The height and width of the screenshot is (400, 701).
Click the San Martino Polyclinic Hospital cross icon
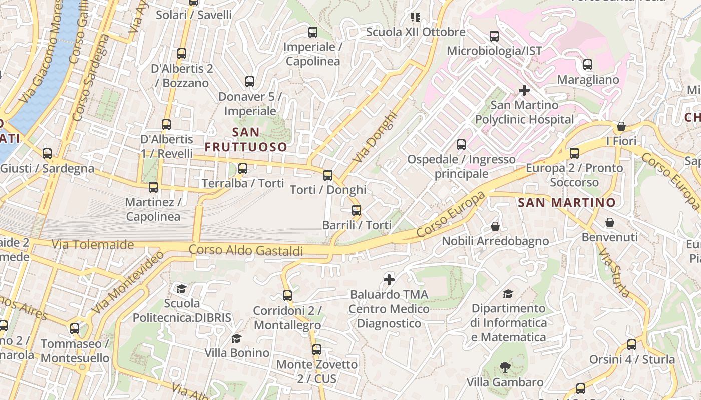tap(524, 90)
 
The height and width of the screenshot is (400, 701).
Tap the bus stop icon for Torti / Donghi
tap(328, 175)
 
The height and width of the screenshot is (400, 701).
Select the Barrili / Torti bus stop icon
tap(357, 210)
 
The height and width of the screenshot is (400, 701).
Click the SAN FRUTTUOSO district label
tap(246, 139)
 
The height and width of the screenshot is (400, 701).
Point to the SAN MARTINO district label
tap(566, 203)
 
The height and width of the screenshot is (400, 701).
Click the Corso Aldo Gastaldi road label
tap(246, 250)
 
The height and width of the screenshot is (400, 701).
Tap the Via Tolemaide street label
tap(93, 244)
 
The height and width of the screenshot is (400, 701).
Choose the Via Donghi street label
tap(374, 137)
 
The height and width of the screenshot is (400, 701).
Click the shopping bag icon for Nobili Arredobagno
tap(495, 227)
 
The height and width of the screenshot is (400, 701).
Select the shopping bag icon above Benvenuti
tap(610, 222)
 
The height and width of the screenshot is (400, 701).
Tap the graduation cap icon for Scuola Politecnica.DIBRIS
tap(181, 289)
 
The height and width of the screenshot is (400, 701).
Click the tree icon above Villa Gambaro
tap(505, 368)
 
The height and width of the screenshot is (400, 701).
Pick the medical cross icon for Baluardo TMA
tap(389, 280)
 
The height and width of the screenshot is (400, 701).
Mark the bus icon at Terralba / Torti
tap(243, 169)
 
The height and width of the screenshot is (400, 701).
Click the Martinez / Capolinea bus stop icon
tap(153, 187)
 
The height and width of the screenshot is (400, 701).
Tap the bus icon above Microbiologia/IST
tap(494, 36)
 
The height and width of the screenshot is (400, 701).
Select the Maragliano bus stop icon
tap(588, 65)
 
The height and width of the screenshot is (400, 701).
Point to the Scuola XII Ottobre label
tap(416, 32)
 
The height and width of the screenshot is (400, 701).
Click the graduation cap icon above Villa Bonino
tap(236, 338)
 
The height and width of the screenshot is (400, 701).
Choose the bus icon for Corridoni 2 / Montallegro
tap(287, 296)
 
